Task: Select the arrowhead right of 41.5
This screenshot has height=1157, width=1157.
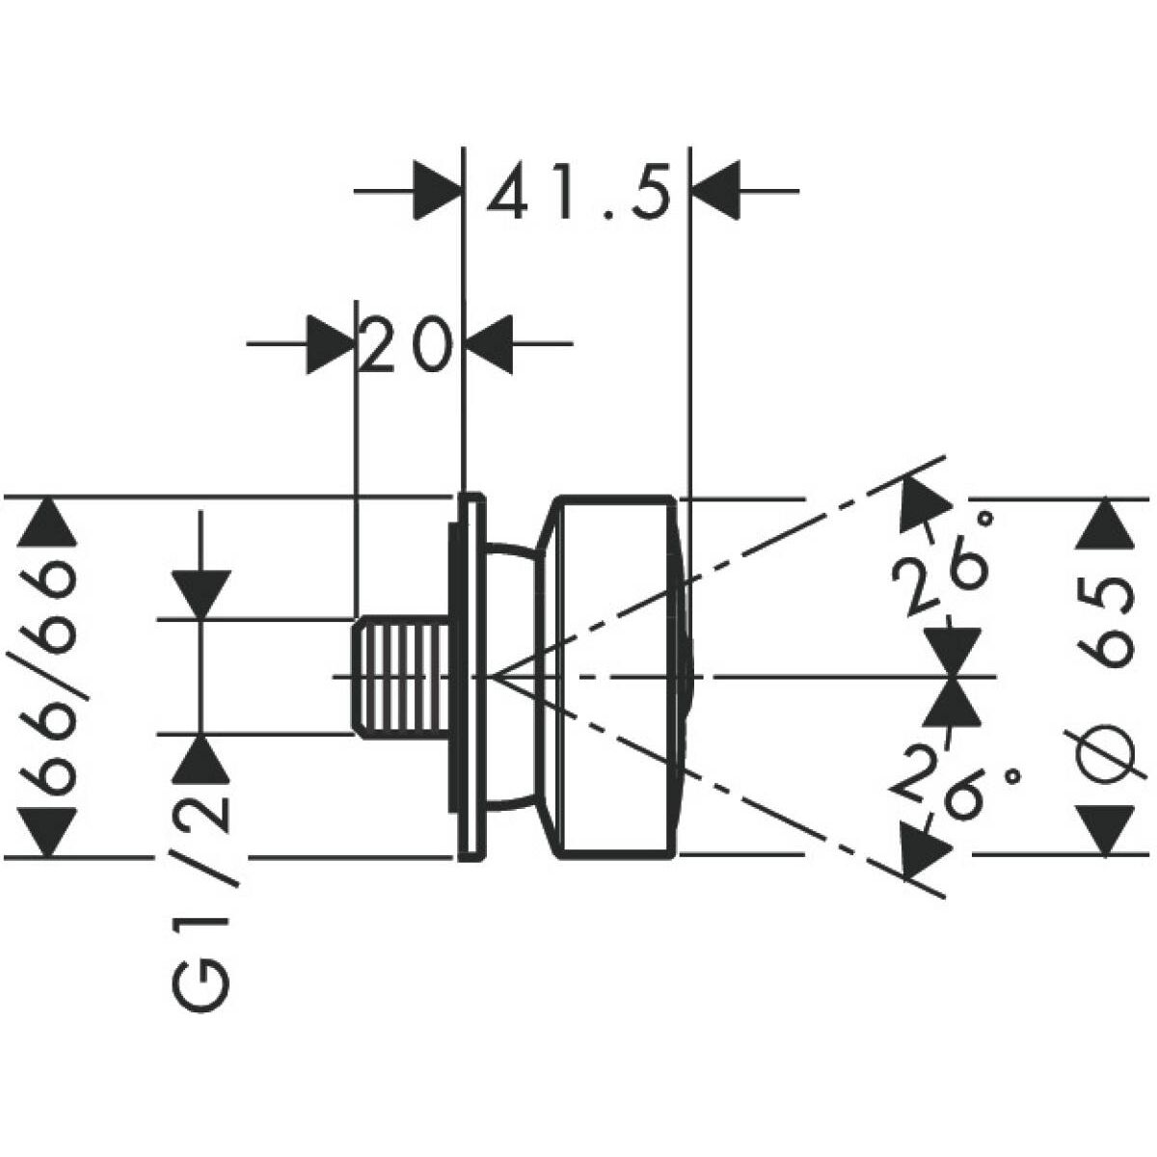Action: click(716, 192)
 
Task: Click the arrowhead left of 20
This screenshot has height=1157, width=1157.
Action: click(329, 343)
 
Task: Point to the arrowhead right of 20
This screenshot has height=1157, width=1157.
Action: click(491, 343)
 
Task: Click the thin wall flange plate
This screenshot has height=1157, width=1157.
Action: click(469, 676)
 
